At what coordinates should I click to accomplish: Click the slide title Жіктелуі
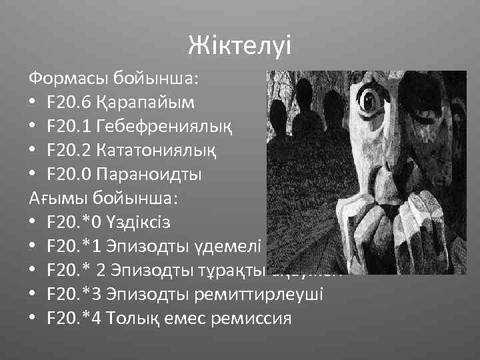tap(239, 45)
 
